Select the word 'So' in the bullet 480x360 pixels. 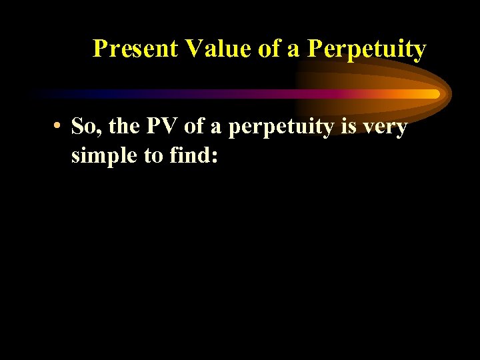point(83,126)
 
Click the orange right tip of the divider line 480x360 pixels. point(436,94)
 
